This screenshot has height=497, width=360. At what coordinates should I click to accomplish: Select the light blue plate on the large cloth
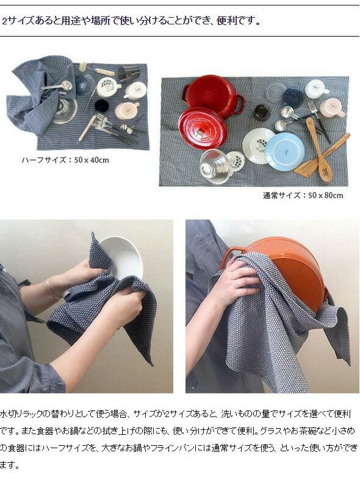[284, 151]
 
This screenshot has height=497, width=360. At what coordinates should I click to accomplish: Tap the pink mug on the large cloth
[332, 107]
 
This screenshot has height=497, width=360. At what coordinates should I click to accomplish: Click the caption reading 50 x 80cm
[325, 196]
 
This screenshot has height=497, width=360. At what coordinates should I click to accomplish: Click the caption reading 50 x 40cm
[92, 160]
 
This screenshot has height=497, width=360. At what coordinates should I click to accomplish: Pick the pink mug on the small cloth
[127, 110]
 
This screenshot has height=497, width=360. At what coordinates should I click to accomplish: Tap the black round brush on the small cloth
[102, 107]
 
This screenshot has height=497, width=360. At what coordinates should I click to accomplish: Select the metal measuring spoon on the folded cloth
[57, 86]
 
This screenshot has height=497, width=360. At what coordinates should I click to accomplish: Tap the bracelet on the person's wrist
[51, 290]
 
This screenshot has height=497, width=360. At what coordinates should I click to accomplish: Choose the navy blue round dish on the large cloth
[293, 97]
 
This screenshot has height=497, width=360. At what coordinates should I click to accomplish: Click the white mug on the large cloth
[317, 88]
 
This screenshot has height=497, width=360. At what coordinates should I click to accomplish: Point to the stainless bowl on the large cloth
[214, 166]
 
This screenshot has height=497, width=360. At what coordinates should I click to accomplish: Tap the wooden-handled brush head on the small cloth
[84, 67]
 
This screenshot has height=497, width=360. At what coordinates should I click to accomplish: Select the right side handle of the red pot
[240, 104]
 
